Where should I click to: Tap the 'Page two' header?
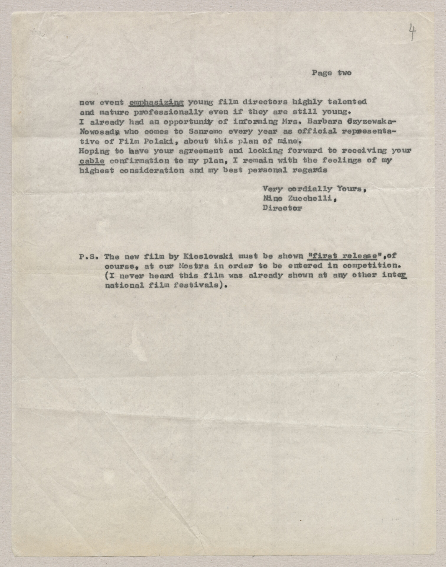(331, 73)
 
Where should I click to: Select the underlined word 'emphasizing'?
(157, 102)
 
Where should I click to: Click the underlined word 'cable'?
(92, 161)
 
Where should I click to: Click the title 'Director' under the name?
(282, 208)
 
